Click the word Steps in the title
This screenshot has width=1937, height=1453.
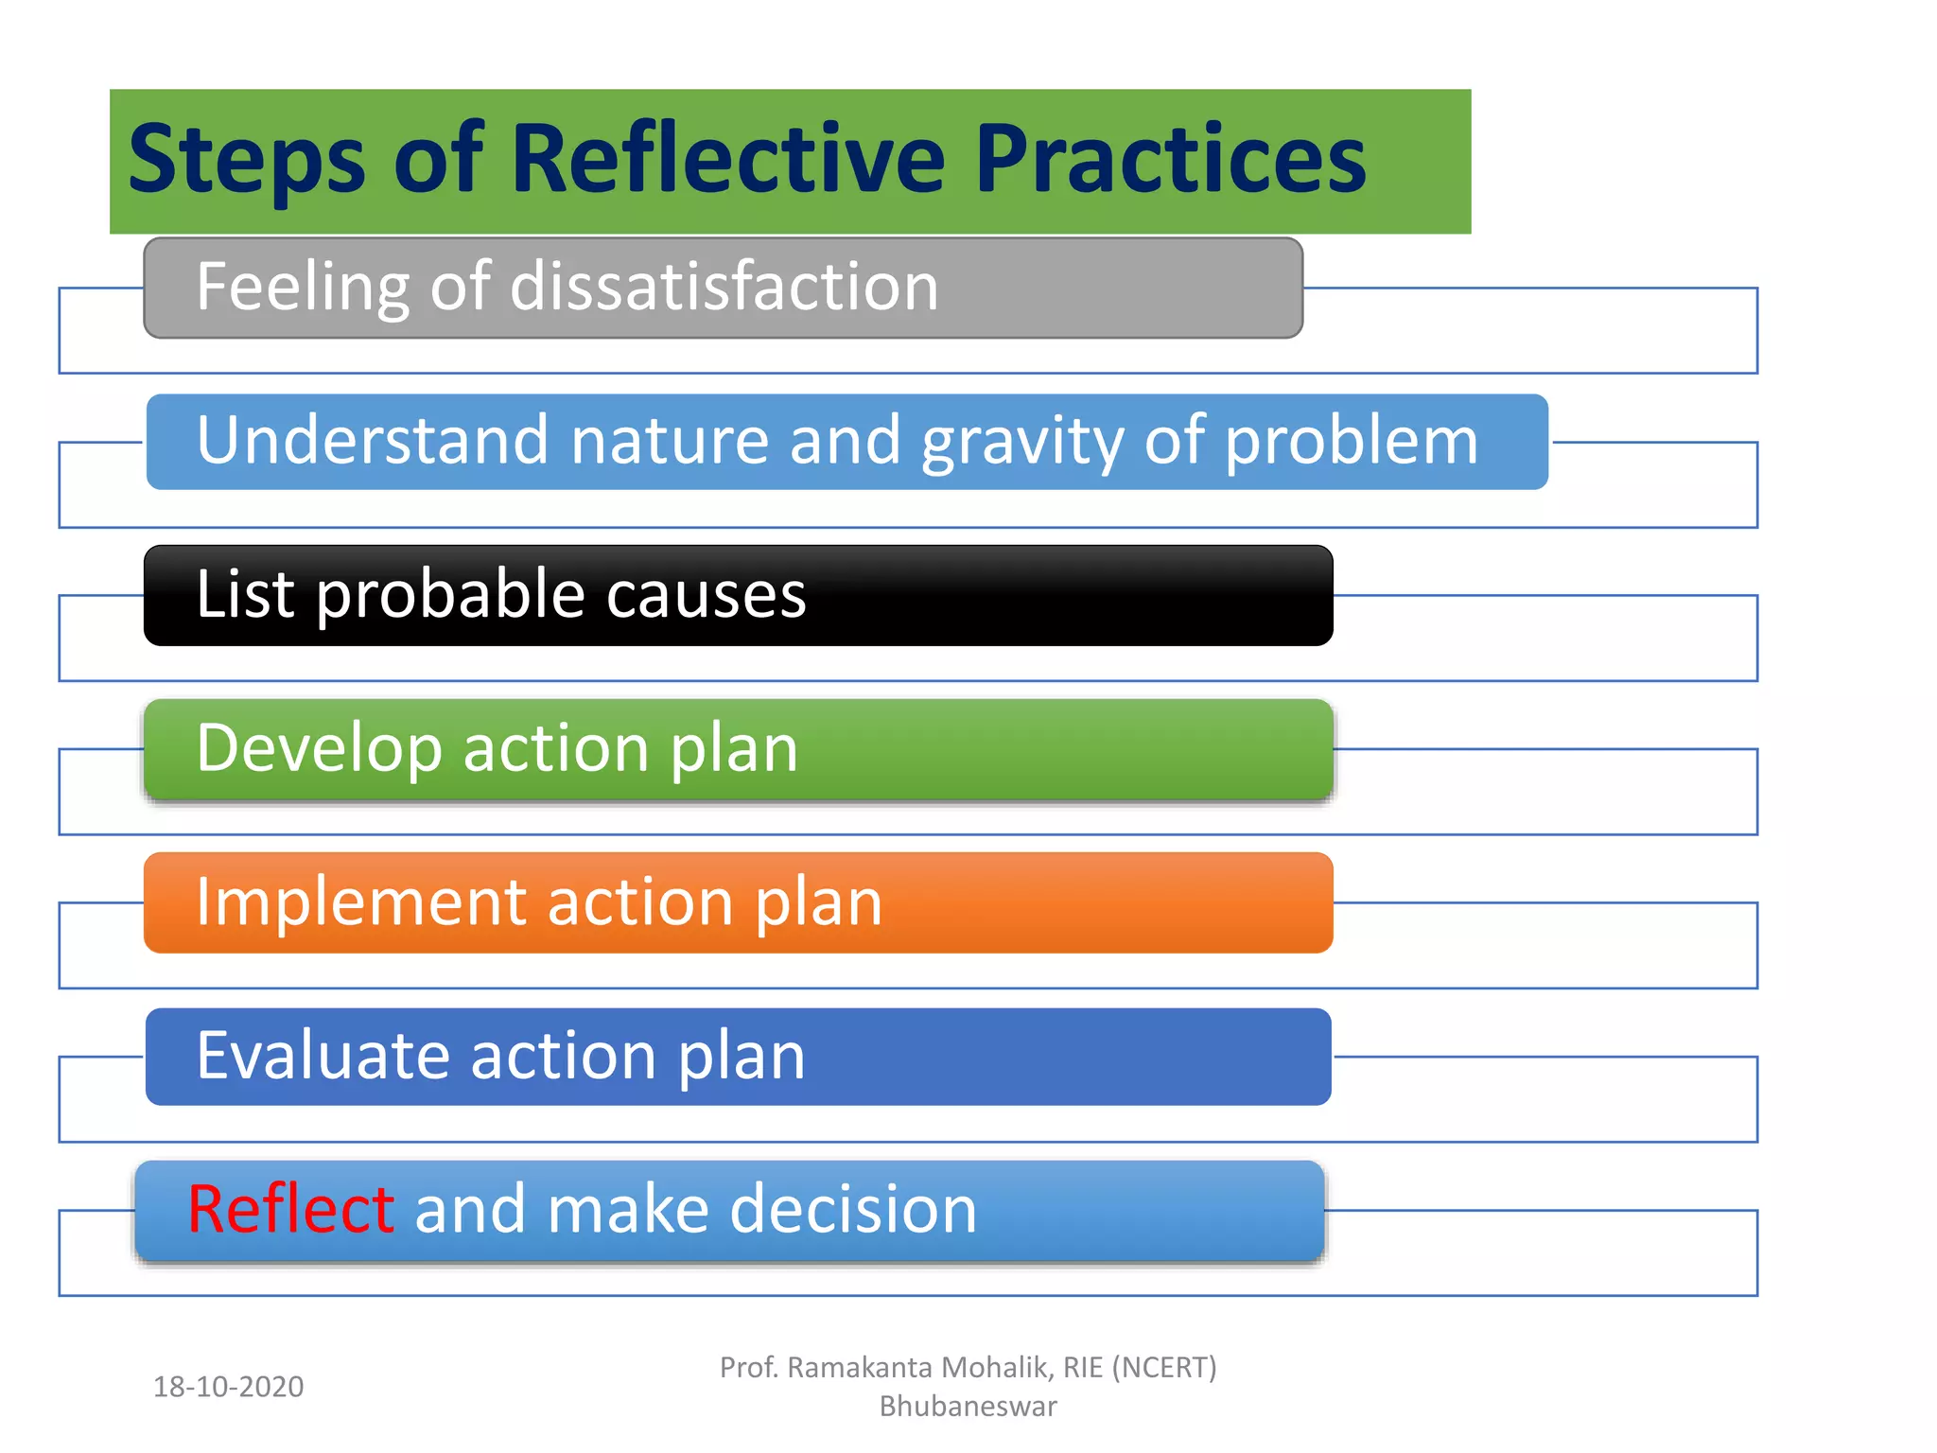(x=246, y=161)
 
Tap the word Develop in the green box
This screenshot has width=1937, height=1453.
(x=319, y=750)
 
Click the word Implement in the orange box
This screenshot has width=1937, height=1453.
(x=359, y=903)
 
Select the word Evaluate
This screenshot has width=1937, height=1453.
(x=322, y=1057)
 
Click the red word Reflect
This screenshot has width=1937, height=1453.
(x=290, y=1210)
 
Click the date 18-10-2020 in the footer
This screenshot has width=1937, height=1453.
(x=228, y=1387)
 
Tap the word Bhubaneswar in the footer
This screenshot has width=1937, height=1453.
(x=968, y=1407)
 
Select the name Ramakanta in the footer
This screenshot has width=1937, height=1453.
(x=860, y=1368)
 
